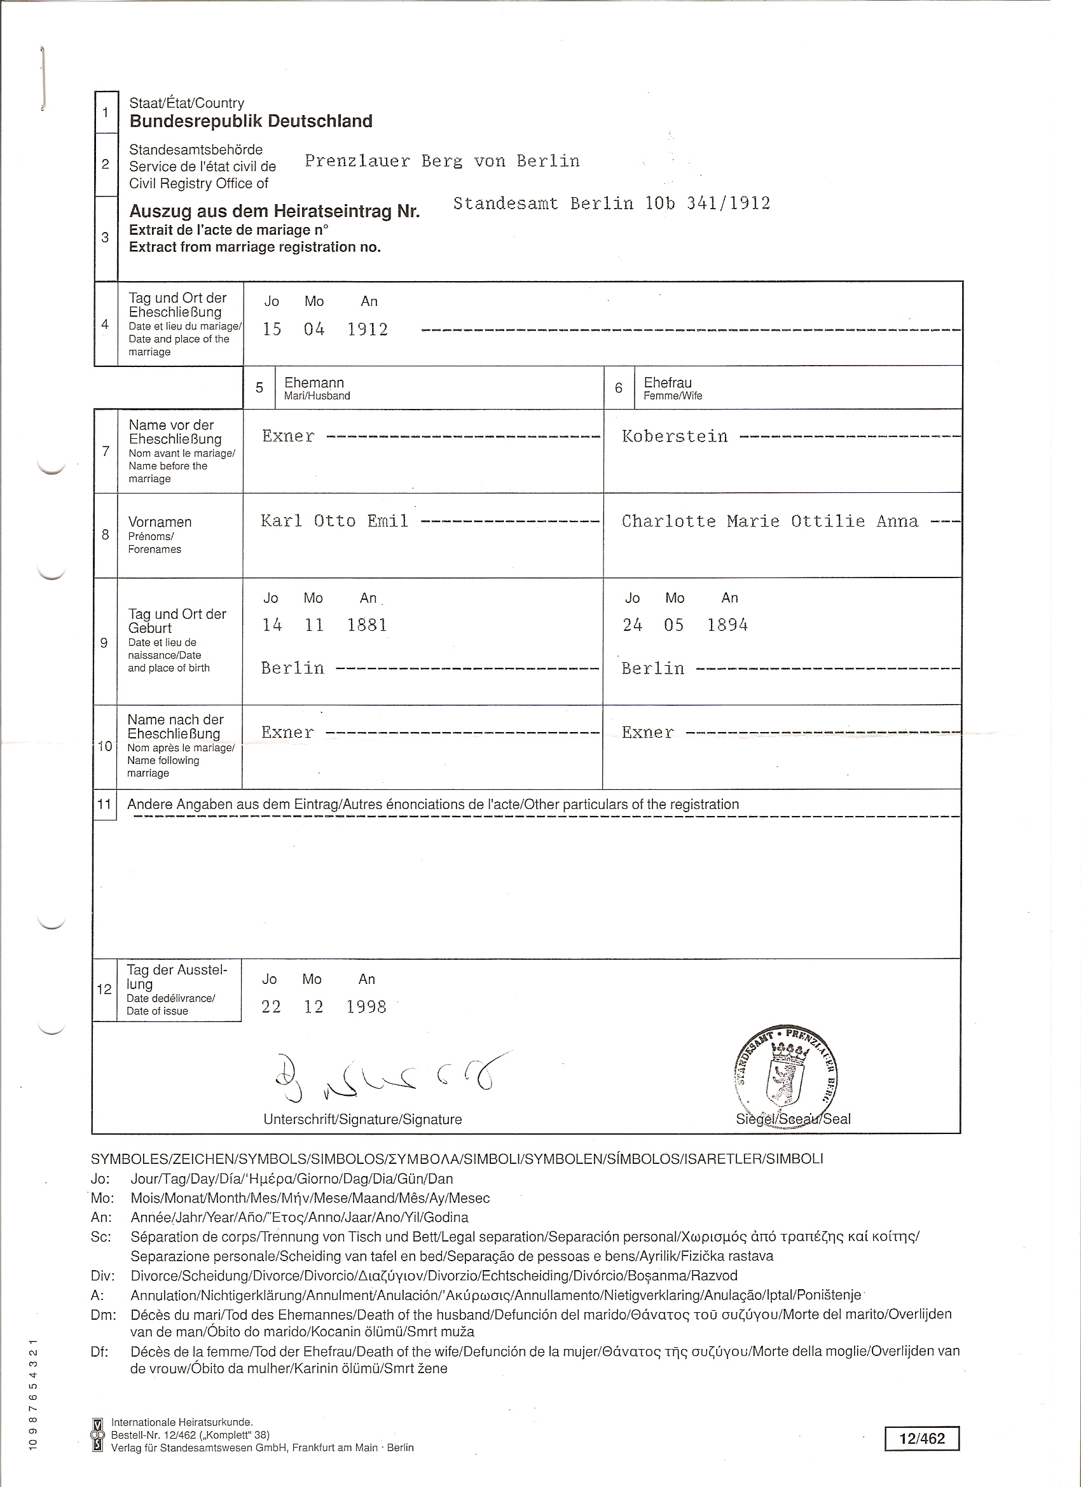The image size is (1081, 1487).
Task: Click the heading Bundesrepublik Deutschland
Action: [x=251, y=121]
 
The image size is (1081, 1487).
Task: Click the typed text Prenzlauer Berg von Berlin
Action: [x=443, y=162]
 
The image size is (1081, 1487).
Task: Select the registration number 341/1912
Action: [x=727, y=204]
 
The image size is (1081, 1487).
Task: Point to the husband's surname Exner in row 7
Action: [x=289, y=437]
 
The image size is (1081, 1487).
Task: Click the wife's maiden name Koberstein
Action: [x=675, y=437]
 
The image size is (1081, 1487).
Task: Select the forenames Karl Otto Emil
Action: [x=334, y=522]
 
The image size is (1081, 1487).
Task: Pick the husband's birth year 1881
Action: [x=367, y=625]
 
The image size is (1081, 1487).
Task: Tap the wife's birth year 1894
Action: [x=727, y=625]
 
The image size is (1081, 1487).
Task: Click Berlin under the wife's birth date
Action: [x=653, y=668]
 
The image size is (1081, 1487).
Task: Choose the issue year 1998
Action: [x=366, y=1006]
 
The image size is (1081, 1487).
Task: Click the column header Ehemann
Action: [x=314, y=383]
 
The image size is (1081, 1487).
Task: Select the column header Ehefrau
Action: [x=667, y=383]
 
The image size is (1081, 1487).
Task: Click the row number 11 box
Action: [x=105, y=804]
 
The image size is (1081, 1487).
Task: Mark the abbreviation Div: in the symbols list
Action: [x=103, y=1275]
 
